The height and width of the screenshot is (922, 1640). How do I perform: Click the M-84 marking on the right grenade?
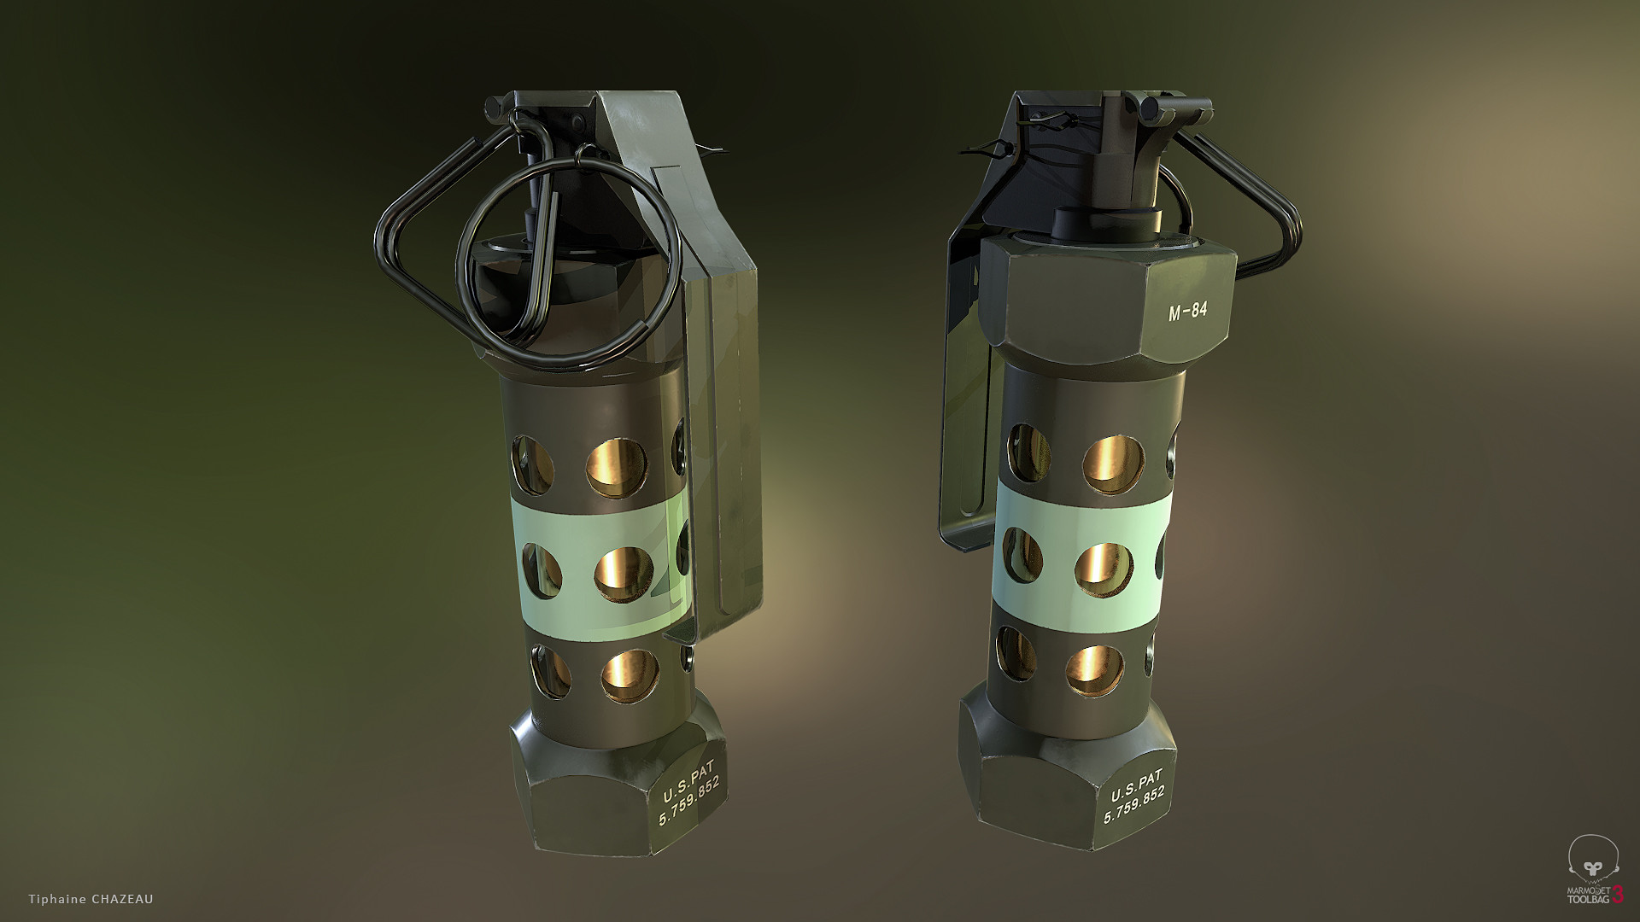1187,312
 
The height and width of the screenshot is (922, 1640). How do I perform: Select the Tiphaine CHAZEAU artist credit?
91,899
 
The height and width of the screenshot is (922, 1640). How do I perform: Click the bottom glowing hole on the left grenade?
630,676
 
